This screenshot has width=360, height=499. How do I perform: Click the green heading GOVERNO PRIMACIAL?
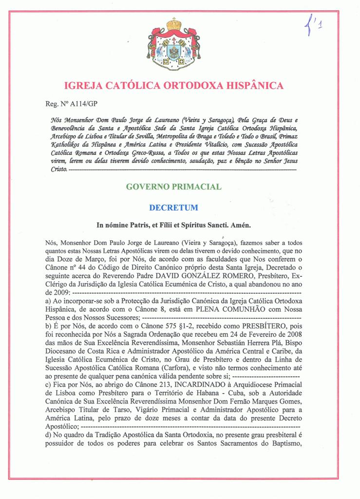[173, 186]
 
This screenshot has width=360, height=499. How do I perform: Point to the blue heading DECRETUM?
[173, 208]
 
